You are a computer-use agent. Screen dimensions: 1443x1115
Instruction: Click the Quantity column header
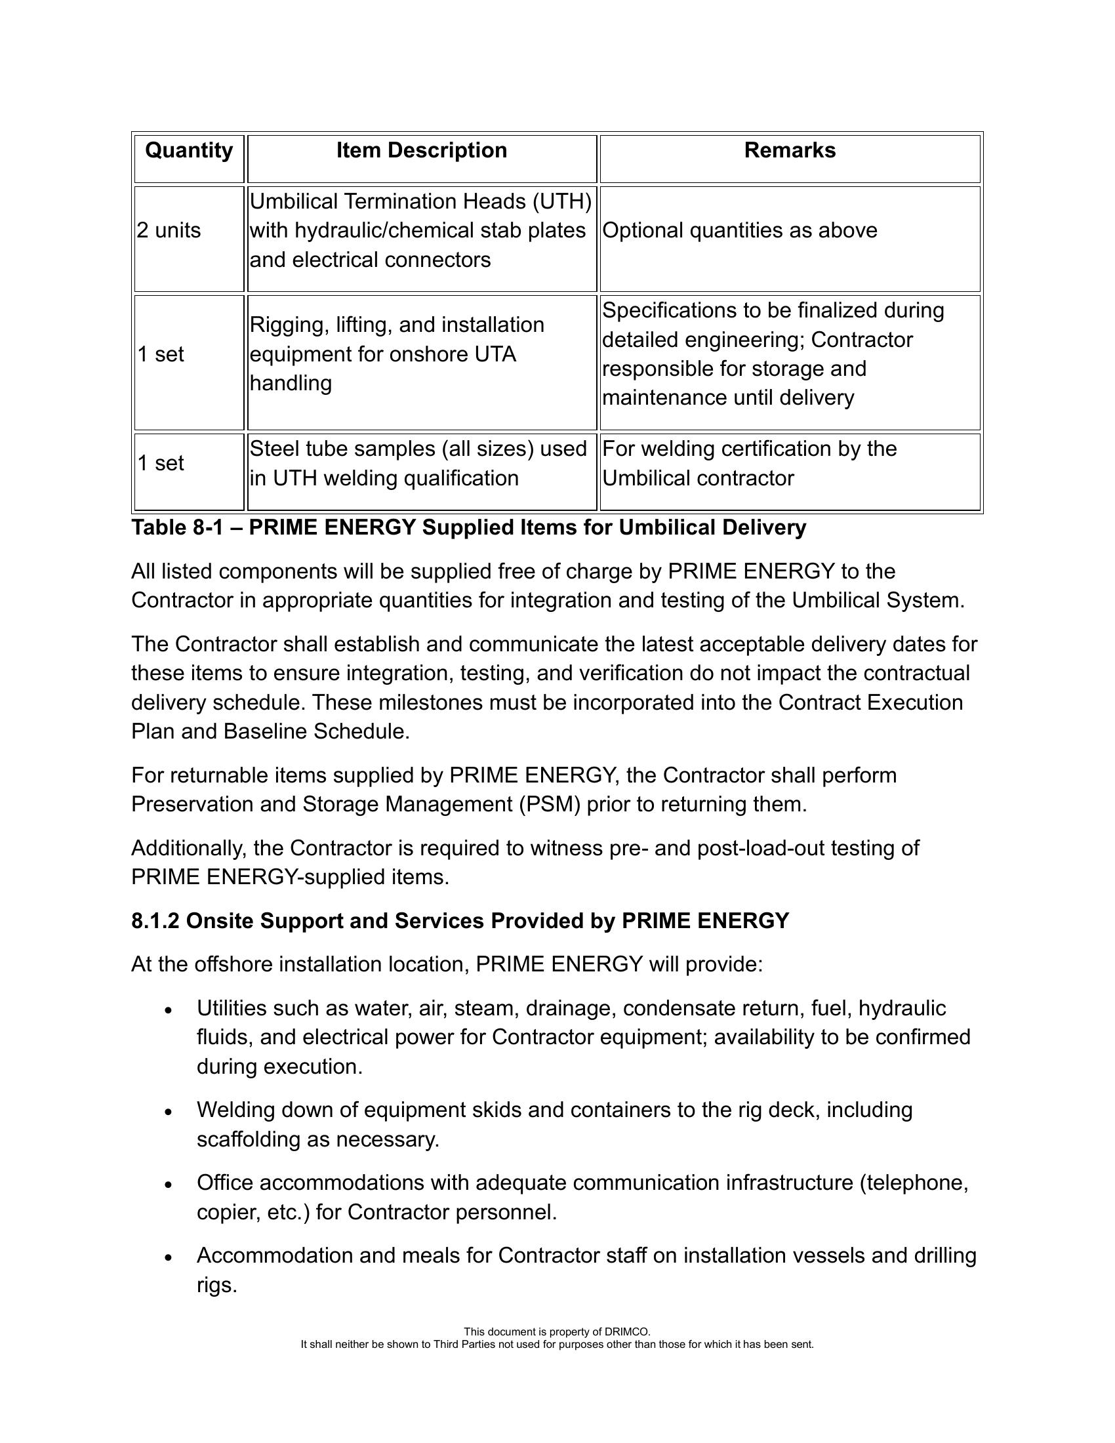click(x=189, y=151)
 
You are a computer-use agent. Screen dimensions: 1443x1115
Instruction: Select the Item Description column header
click(x=422, y=151)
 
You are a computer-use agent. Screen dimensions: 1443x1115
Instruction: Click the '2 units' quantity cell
click(x=169, y=231)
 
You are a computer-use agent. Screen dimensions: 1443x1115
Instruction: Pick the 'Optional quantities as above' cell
click(x=740, y=231)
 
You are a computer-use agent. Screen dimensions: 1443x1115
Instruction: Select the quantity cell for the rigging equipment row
click(x=161, y=355)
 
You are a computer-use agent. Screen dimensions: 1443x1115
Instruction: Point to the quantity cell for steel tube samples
click(x=161, y=463)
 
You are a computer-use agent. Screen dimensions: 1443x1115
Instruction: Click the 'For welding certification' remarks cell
click(x=749, y=463)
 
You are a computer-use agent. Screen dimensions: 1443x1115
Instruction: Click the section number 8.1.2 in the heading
click(x=155, y=921)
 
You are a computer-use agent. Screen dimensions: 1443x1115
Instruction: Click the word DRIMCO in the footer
click(x=627, y=1332)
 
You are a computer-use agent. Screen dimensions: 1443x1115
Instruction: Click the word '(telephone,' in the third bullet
click(x=914, y=1183)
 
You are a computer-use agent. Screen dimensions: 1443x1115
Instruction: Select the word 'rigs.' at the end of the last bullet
click(x=216, y=1285)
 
